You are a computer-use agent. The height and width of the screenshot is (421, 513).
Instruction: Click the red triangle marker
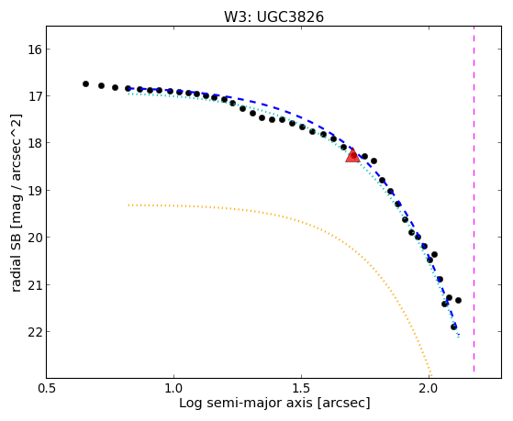pyautogui.click(x=352, y=155)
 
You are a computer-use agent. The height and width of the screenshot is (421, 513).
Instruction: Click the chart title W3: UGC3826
pyautogui.click(x=273, y=17)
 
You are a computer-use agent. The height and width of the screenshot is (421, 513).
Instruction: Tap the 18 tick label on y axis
pyautogui.click(x=33, y=143)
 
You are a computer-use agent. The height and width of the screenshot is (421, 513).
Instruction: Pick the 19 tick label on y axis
pyautogui.click(x=33, y=190)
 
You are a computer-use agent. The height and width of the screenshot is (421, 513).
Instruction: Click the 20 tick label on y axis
pyautogui.click(x=33, y=238)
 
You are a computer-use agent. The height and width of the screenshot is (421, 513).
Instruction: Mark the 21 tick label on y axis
pyautogui.click(x=33, y=284)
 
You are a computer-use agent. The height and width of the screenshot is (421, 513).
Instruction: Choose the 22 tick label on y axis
pyautogui.click(x=33, y=332)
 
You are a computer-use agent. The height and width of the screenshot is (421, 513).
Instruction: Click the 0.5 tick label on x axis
pyautogui.click(x=47, y=388)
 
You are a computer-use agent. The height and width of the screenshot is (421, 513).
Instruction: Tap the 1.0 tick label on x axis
pyautogui.click(x=173, y=388)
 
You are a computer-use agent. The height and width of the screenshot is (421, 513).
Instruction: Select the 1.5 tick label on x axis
pyautogui.click(x=301, y=388)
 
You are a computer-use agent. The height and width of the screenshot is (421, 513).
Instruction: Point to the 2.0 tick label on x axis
pyautogui.click(x=429, y=388)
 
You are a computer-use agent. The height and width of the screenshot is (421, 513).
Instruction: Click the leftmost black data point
pyautogui.click(x=85, y=83)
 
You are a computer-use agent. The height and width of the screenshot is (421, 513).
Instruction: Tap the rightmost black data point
pyautogui.click(x=458, y=300)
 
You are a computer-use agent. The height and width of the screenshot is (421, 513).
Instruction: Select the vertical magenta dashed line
pyautogui.click(x=474, y=199)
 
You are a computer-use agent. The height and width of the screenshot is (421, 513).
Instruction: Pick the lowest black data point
pyautogui.click(x=453, y=327)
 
